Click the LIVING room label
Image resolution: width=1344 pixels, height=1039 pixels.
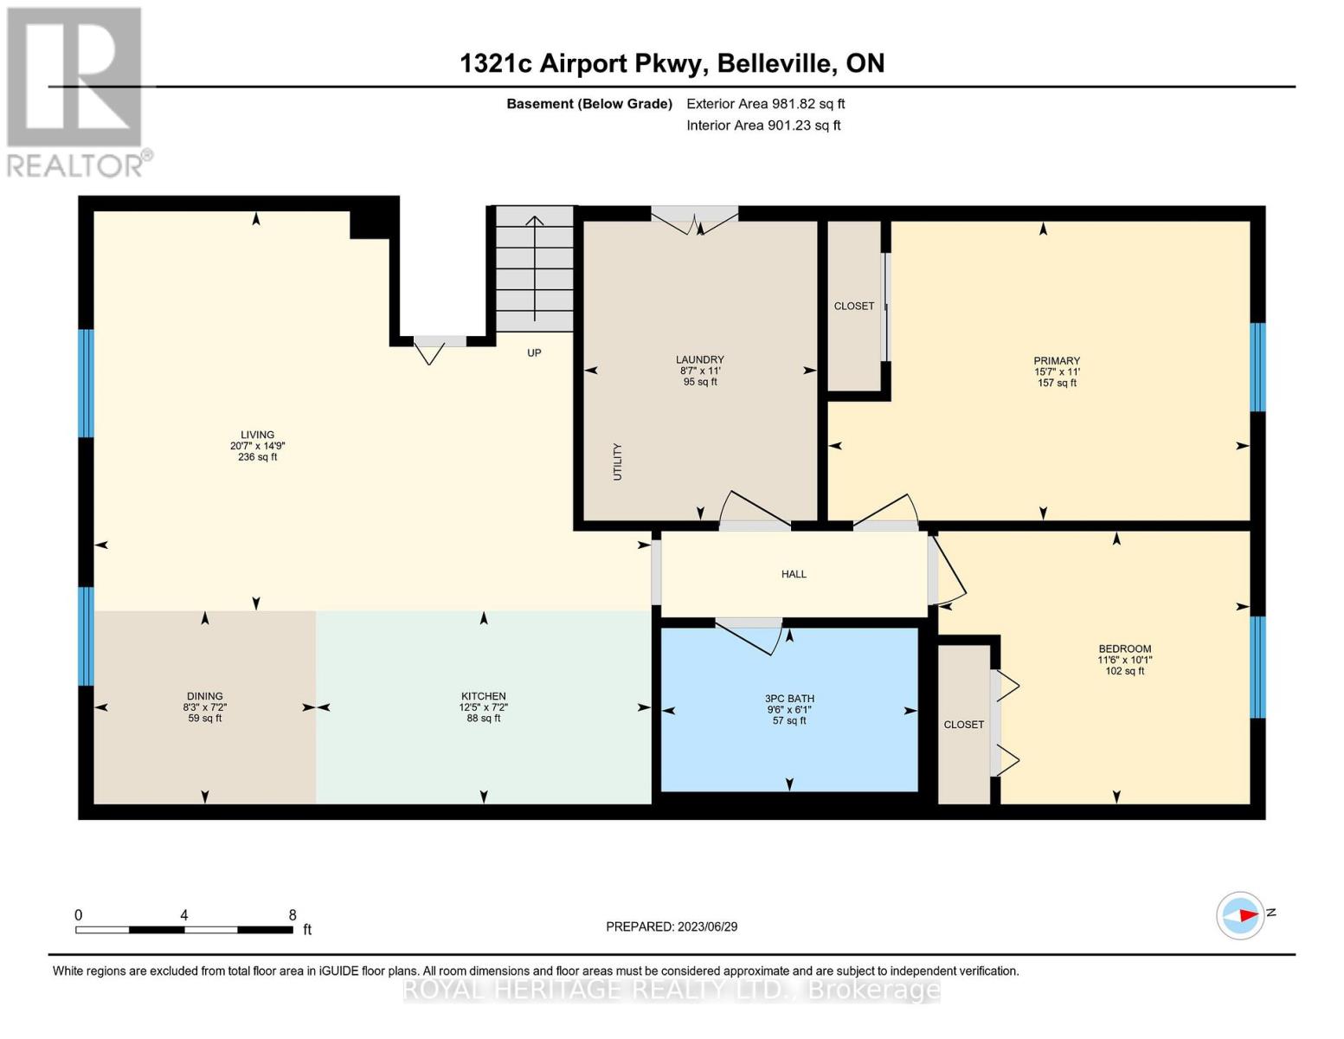coord(257,436)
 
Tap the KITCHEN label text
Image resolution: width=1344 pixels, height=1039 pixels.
coord(483,696)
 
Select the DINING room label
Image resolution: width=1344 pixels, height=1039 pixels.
coord(204,696)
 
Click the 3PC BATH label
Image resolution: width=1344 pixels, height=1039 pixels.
coord(789,699)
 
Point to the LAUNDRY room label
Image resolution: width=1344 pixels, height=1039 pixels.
coord(699,360)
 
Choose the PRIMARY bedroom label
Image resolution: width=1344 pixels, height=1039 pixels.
coord(1056,361)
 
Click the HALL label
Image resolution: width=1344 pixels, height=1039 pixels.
coord(794,574)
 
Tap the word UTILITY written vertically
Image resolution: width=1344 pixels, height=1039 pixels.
coord(618,461)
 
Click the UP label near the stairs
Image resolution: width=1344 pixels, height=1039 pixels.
coord(534,353)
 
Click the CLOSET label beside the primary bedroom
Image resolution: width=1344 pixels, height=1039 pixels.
coord(853,307)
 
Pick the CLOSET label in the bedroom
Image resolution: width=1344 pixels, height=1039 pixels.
coord(963,725)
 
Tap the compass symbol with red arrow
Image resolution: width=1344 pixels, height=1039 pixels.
coord(1240,915)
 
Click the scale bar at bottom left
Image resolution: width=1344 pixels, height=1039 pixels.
coord(183,930)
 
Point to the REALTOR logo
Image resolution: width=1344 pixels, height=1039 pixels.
coord(75,92)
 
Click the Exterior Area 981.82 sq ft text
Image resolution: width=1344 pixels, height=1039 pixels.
coord(765,104)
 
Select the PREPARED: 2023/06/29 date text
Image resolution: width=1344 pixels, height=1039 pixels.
coord(671,926)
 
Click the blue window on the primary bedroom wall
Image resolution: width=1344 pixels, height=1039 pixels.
coord(1257,367)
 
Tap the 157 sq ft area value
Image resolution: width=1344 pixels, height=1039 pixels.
coord(1056,383)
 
